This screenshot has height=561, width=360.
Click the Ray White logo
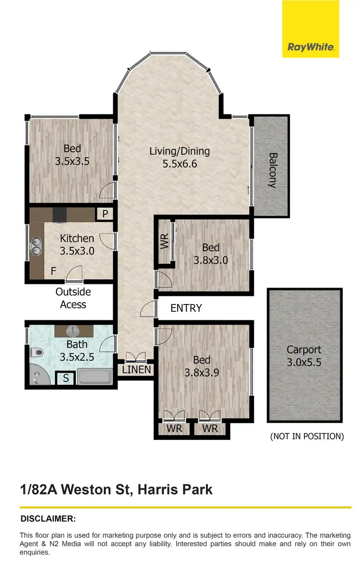coord(311,47)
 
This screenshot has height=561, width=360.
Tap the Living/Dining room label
coord(180,157)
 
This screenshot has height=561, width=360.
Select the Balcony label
coord(272,170)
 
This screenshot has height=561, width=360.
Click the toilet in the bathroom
coord(36,353)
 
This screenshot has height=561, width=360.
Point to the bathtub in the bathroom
coord(95,377)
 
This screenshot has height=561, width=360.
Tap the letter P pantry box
coord(105,213)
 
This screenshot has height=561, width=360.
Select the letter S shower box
coord(66,378)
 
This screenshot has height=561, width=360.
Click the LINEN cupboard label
coord(136,370)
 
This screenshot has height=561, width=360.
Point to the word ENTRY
coord(186,308)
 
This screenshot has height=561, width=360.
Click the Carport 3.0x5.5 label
coord(304,356)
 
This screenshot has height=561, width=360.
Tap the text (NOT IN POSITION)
coord(307,436)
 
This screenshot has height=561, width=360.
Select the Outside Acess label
coord(73,298)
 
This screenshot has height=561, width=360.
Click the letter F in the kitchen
coord(54,271)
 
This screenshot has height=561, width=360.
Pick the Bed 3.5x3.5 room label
coord(72,155)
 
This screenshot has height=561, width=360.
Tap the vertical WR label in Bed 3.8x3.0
coord(164,242)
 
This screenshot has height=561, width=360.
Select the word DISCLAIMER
coord(48,519)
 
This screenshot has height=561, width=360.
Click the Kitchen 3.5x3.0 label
coord(77,244)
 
